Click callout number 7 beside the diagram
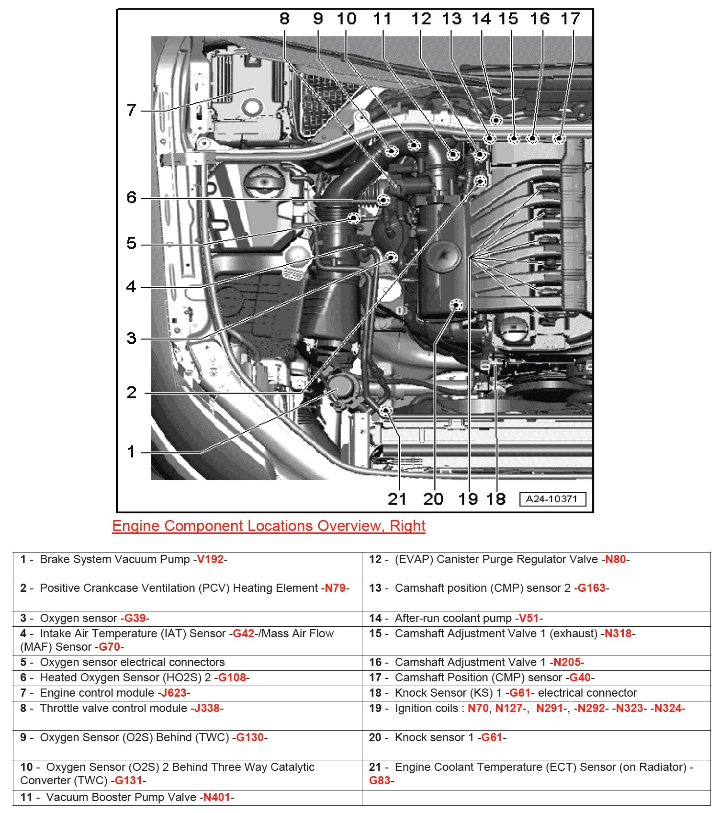(132, 110)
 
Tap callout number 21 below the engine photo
(397, 499)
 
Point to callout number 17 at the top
(570, 19)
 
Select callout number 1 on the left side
(131, 452)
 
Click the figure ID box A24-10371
(552, 499)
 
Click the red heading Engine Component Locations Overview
(269, 526)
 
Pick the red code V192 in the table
(210, 559)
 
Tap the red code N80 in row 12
(615, 559)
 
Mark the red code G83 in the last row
(379, 780)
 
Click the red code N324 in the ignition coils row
(667, 708)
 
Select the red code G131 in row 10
(128, 780)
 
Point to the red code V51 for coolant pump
(529, 618)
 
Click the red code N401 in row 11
(216, 797)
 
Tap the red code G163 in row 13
(591, 588)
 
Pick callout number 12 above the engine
(421, 19)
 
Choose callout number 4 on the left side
(131, 286)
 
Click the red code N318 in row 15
(618, 633)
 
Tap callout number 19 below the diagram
(468, 499)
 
